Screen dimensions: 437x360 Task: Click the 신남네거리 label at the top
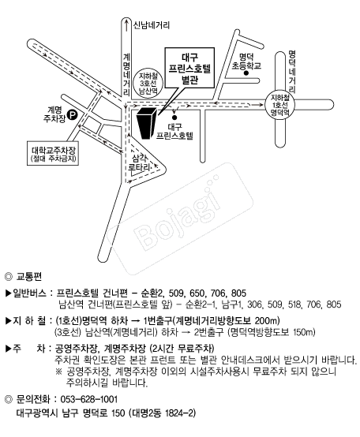pyautogui.click(x=151, y=25)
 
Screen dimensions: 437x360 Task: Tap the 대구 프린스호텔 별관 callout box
pyautogui.click(x=189, y=69)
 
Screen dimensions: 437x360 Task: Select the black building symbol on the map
pyautogui.click(x=146, y=123)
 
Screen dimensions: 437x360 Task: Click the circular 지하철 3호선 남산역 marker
pyautogui.click(x=148, y=82)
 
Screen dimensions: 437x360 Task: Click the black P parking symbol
pyautogui.click(x=72, y=115)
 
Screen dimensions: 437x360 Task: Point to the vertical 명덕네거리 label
pyautogui.click(x=291, y=71)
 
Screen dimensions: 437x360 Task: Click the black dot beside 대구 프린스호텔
pyautogui.click(x=173, y=114)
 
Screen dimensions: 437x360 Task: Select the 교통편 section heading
pyautogui.click(x=29, y=278)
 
